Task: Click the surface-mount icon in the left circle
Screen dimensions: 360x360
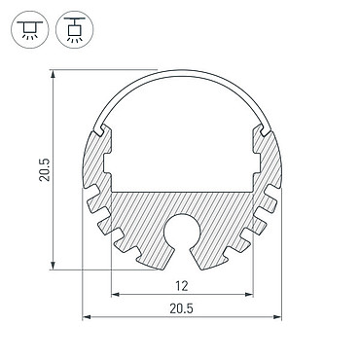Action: (30, 30)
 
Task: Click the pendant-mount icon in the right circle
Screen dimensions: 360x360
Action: (75, 30)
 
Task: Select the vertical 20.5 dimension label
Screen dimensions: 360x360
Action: (45, 169)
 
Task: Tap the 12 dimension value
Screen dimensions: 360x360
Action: (182, 286)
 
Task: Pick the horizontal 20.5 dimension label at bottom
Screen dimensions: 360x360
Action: (181, 308)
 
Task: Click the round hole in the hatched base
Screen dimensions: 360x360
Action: (182, 232)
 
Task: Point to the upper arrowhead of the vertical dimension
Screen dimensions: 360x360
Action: (53, 74)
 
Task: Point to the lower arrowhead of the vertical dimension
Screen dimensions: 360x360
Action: (53, 265)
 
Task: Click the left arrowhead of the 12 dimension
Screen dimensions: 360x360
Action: (116, 295)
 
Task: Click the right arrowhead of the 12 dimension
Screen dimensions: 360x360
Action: (249, 295)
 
